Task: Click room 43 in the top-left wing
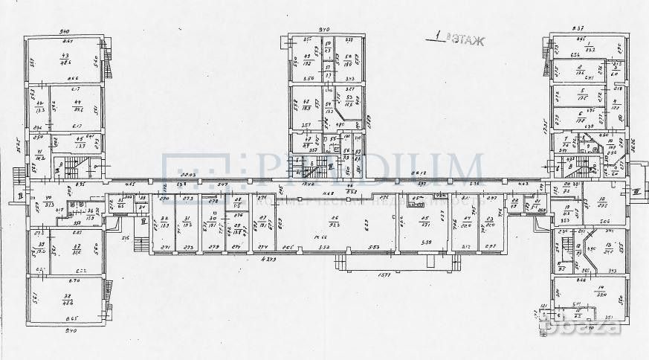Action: [65, 60]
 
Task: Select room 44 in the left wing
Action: [77, 107]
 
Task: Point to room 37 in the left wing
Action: [76, 249]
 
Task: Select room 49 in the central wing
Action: [306, 60]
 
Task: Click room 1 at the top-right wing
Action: [589, 48]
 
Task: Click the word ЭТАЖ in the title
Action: [467, 40]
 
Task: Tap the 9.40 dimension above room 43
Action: [65, 32]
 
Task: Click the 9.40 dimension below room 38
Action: [71, 330]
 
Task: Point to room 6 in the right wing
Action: [579, 117]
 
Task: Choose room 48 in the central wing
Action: [306, 106]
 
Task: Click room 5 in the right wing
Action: [581, 95]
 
